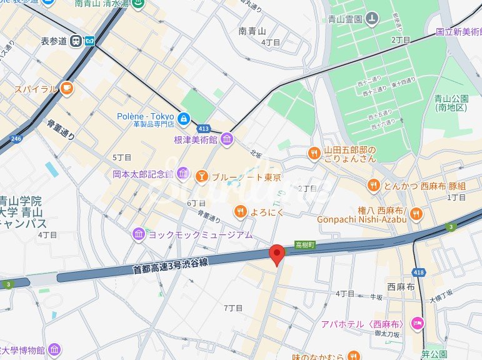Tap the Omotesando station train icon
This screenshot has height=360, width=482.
tap(76, 41)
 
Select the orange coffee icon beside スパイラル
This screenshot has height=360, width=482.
tap(67, 89)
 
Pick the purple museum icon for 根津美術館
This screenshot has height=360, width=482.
tap(227, 139)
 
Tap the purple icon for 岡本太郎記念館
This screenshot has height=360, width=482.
tap(183, 173)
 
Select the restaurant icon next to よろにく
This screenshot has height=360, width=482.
tap(240, 212)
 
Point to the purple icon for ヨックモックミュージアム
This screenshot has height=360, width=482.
tap(138, 234)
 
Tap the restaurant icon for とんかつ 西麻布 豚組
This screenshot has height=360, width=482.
tap(373, 184)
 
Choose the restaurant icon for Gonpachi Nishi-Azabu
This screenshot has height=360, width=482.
tap(416, 214)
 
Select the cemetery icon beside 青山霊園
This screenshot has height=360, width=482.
tap(372, 19)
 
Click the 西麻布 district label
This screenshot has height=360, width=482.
tap(401, 287)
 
